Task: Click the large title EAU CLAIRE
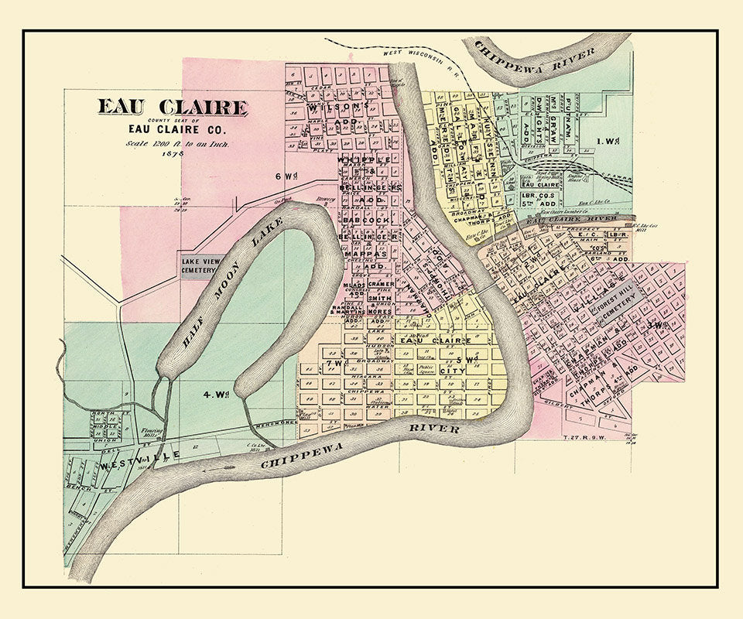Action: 172,108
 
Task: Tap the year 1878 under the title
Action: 172,154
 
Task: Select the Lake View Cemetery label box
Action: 201,265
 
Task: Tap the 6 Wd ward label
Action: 285,176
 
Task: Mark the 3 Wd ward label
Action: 658,325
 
